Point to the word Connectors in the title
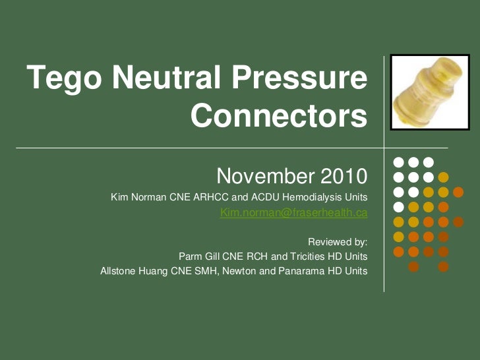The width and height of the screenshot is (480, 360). click(278, 117)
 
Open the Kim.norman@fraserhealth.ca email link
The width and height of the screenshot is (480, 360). click(293, 213)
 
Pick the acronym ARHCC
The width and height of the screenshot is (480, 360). click(210, 198)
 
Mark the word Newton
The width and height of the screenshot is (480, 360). click(237, 271)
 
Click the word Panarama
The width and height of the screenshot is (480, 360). click(298, 271)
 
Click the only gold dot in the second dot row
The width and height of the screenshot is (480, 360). click(443, 177)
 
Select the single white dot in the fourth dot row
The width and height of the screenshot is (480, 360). click(398, 206)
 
